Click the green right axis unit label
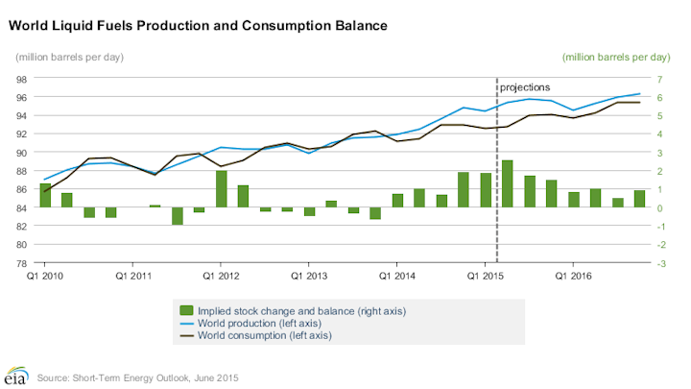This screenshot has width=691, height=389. click(615, 57)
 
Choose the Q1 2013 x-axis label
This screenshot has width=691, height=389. click(308, 274)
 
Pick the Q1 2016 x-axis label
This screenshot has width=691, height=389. click(573, 274)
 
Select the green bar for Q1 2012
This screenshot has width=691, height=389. click(221, 188)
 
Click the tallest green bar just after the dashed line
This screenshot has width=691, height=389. click(507, 183)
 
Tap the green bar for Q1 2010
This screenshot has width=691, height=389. click(45, 195)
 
